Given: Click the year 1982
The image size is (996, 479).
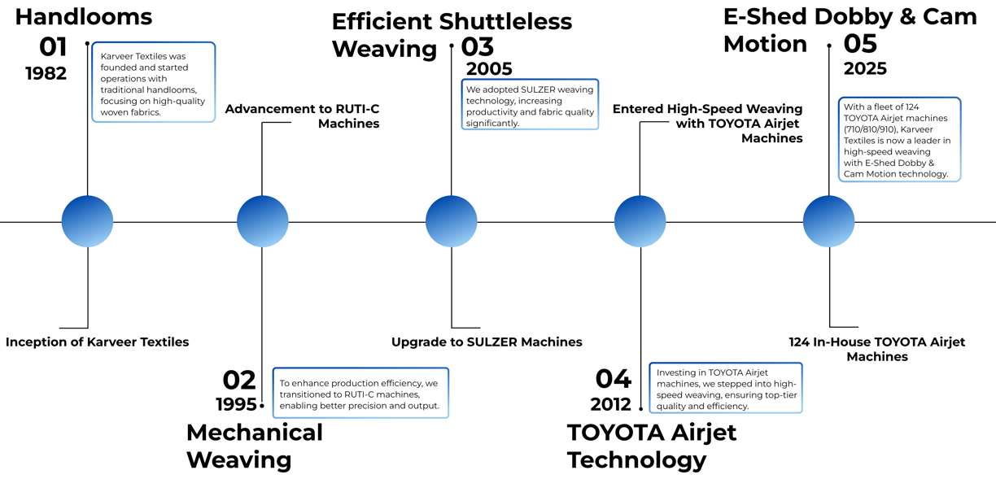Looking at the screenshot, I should [46, 73].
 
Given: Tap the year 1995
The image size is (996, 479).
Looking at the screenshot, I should [236, 404].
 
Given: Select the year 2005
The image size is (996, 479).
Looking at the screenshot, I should [489, 69].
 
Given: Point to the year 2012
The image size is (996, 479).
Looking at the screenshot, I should [611, 404].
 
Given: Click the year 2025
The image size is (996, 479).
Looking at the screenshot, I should [865, 68].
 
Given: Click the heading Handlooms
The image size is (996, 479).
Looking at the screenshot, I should [84, 16].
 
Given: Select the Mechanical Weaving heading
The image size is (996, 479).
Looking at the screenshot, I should [254, 446].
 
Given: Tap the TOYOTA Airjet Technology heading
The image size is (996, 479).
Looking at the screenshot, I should [651, 446].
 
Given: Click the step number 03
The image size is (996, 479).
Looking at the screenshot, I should [478, 47].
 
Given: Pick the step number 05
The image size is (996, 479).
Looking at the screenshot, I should [860, 43].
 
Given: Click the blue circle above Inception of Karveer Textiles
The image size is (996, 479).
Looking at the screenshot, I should [87, 221].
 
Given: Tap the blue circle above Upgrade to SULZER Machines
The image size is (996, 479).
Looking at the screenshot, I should [451, 221].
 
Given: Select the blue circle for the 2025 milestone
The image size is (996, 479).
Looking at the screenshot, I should [828, 221].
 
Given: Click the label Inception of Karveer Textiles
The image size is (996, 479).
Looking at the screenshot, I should [97, 342].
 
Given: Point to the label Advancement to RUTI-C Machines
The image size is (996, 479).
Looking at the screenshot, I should [302, 116].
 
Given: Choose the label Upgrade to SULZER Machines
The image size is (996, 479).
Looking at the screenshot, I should [487, 342].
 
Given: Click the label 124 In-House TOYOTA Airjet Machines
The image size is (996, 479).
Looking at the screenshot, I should [877, 349].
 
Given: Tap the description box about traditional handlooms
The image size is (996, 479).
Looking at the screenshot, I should [153, 82].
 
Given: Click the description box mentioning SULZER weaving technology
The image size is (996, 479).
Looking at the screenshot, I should [530, 104].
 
